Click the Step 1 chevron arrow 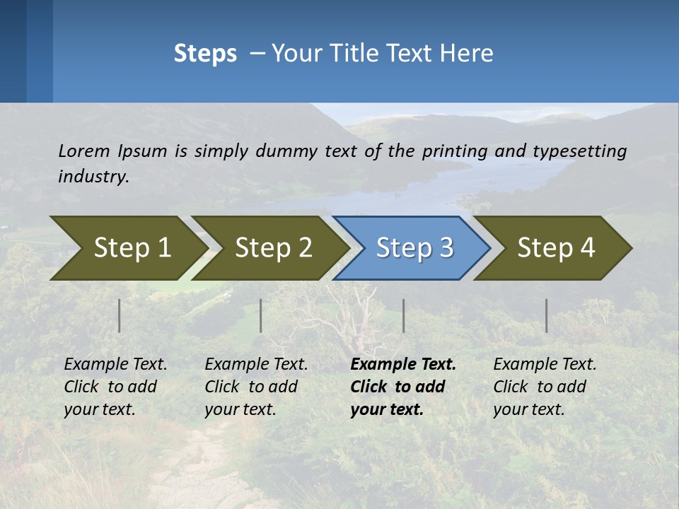[x=131, y=248]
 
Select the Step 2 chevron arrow [x=272, y=248]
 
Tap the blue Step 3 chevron [x=414, y=248]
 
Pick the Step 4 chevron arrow [x=555, y=248]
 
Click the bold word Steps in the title [x=205, y=54]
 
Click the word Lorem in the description [x=84, y=151]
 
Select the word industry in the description [x=93, y=177]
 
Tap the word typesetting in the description [x=579, y=151]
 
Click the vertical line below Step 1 [x=120, y=315]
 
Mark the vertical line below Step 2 [x=261, y=315]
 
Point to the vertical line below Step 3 [x=404, y=315]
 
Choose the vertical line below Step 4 [x=547, y=315]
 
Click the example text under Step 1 [x=115, y=387]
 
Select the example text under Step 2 [x=256, y=387]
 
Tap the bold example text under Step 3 [x=403, y=387]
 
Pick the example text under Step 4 [x=545, y=387]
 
